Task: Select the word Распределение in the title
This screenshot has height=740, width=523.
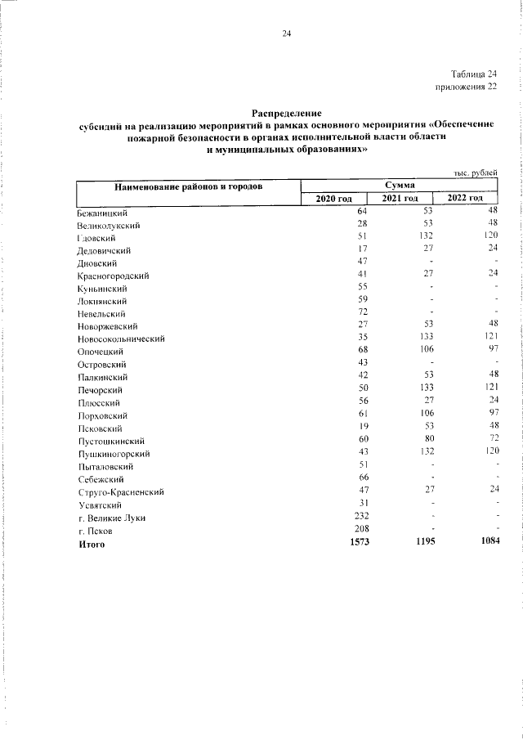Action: click(287, 113)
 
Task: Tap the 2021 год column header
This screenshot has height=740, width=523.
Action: click(400, 199)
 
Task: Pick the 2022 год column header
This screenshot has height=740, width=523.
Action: click(466, 199)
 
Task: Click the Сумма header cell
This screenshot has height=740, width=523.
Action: click(400, 186)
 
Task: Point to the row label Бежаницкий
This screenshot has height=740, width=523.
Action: click(101, 212)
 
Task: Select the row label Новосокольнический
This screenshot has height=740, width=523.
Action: click(122, 339)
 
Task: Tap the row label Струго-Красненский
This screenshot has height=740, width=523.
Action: click(122, 492)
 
